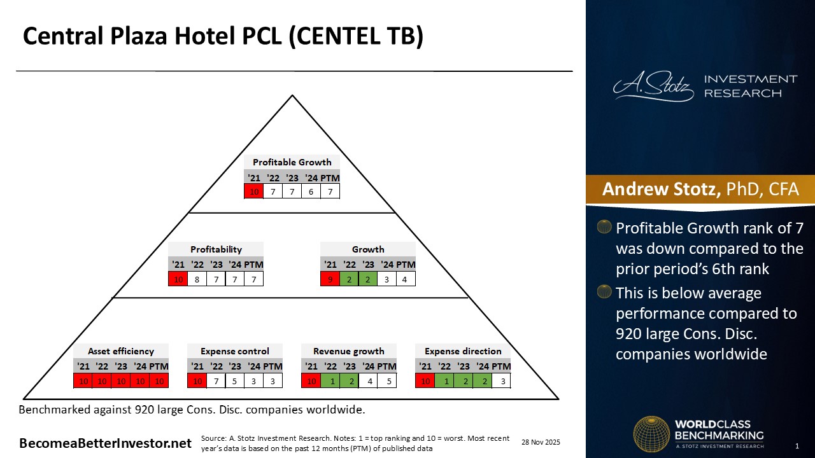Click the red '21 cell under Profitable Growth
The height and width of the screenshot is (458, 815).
click(254, 191)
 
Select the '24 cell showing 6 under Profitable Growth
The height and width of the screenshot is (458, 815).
click(311, 191)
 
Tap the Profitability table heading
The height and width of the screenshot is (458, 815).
click(216, 249)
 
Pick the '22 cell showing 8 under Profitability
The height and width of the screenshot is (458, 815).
click(197, 279)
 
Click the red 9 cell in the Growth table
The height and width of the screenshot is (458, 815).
click(330, 279)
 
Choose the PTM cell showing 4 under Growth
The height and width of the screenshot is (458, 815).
click(404, 279)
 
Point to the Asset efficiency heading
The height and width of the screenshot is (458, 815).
click(121, 351)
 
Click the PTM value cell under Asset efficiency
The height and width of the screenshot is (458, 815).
click(159, 381)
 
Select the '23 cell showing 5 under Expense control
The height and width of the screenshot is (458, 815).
click(235, 381)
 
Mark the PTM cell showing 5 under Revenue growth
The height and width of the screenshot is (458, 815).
click(387, 381)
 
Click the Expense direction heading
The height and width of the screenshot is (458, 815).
click(463, 351)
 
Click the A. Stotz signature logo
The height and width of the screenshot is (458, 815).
click(653, 86)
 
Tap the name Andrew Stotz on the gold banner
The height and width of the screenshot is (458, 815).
click(661, 189)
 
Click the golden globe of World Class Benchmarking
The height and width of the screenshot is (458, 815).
click(651, 434)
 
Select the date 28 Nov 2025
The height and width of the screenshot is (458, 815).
click(541, 442)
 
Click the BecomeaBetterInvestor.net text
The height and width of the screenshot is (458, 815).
click(105, 443)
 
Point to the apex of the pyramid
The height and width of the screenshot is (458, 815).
click(292, 95)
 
